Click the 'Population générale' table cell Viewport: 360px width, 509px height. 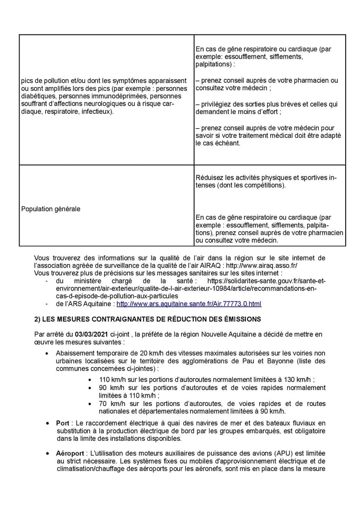(51, 209)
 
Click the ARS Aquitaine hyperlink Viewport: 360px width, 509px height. (188, 304)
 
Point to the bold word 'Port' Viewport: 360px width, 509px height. (62, 423)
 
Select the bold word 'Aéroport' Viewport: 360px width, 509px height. (70, 454)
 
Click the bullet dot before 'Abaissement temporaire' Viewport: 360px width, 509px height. (49, 353)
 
